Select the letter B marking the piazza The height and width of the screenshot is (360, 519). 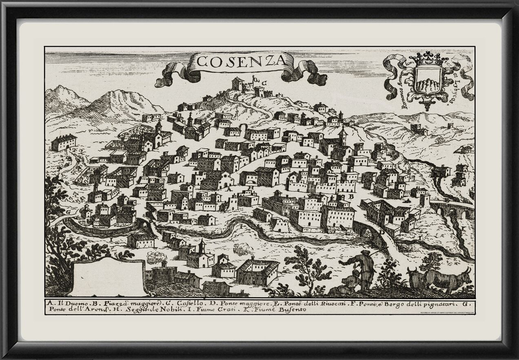point(350,196)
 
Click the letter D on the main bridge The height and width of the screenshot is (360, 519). point(382,231)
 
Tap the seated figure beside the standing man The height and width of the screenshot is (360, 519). point(350,282)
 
